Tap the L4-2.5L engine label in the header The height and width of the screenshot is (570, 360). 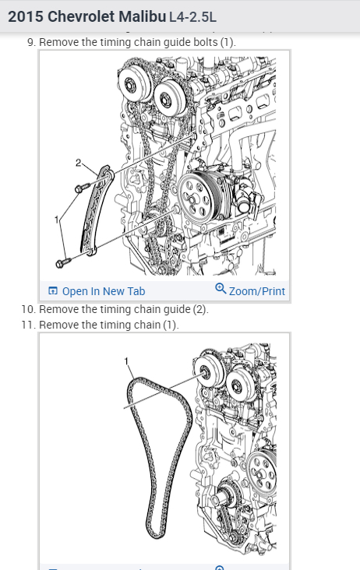(x=192, y=17)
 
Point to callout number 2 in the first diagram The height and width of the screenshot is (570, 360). (x=78, y=163)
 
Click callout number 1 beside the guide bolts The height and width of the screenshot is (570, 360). (x=56, y=220)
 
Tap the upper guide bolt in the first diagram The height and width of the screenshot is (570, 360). (x=82, y=188)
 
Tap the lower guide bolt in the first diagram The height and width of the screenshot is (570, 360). (x=64, y=262)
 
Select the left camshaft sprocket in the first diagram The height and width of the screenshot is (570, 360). (x=134, y=86)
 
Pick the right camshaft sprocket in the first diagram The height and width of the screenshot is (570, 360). (x=169, y=97)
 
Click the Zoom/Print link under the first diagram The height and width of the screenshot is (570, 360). (x=256, y=291)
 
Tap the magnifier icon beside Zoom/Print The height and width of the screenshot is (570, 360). (x=221, y=289)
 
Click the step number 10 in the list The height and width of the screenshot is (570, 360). (x=27, y=309)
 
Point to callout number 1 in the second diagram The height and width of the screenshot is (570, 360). (x=126, y=361)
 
